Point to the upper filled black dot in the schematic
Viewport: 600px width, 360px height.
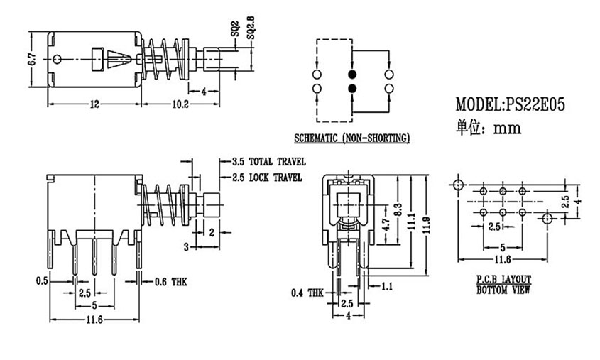click(x=351, y=74)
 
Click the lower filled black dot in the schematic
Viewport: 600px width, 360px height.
click(x=351, y=88)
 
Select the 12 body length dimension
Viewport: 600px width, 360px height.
click(x=93, y=104)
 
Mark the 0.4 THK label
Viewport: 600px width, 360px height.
click(x=306, y=293)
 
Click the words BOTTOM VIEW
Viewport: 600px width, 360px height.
click(x=503, y=290)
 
